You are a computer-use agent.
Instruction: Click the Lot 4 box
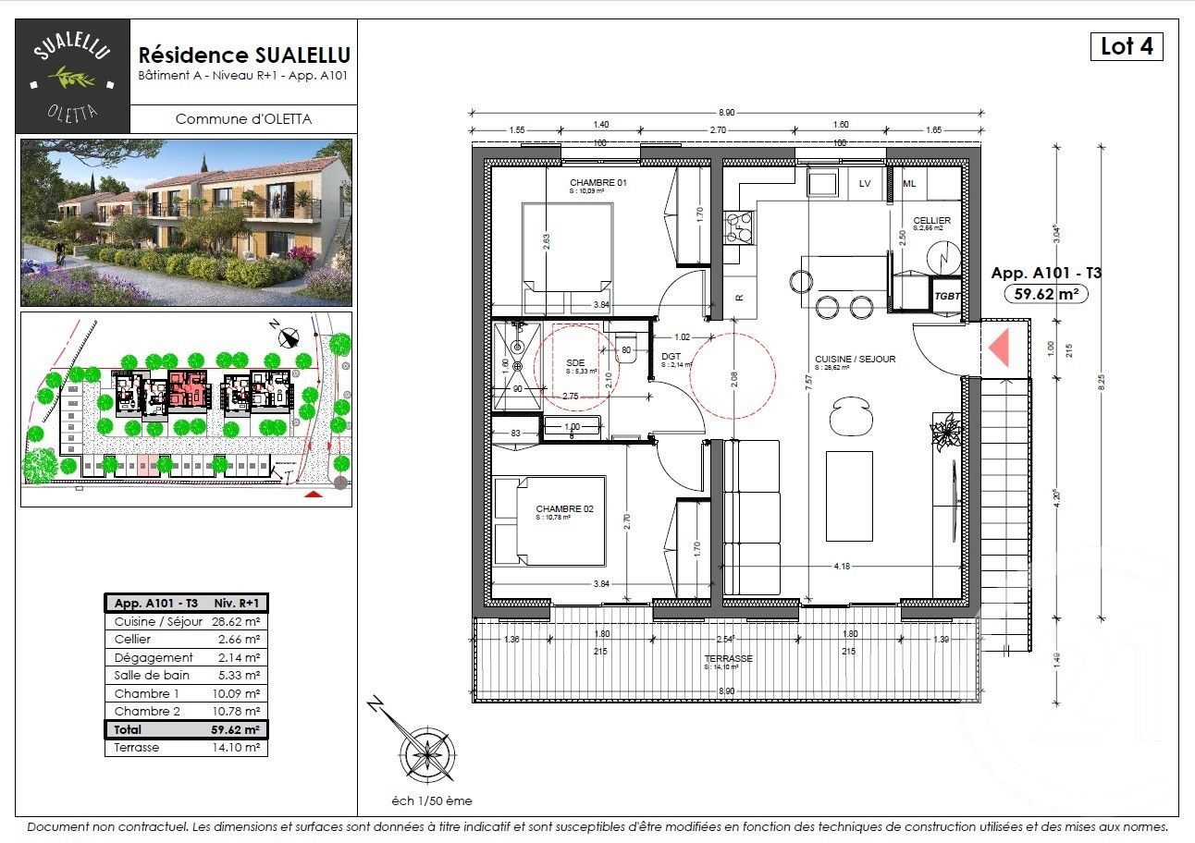(1127, 46)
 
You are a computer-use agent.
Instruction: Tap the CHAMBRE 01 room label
(598, 184)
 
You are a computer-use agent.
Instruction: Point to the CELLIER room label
(931, 221)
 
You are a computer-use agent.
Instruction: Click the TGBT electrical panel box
(946, 296)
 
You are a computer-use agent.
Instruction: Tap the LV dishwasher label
(865, 184)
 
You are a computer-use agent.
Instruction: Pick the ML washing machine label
(909, 184)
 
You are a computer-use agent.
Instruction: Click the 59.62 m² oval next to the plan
(1045, 294)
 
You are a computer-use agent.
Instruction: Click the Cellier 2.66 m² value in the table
(238, 640)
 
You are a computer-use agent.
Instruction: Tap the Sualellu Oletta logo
(73, 76)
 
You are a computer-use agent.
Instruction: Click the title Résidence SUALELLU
(244, 56)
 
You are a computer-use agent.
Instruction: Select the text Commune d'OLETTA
(243, 118)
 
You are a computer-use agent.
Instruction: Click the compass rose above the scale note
(425, 748)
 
